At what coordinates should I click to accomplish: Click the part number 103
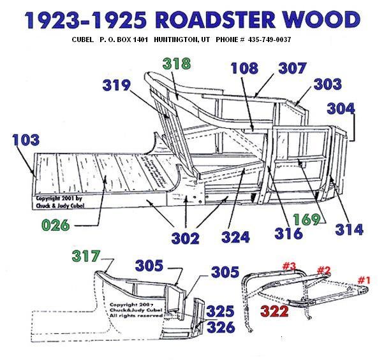pyautogui.click(x=26, y=140)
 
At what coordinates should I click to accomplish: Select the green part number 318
pyautogui.click(x=177, y=64)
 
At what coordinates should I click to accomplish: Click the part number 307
pyautogui.click(x=292, y=68)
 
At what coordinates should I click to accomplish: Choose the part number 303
pyautogui.click(x=327, y=83)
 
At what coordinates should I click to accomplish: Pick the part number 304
pyautogui.click(x=341, y=108)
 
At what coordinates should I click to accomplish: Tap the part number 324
pyautogui.click(x=235, y=237)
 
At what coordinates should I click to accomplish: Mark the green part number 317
pyautogui.click(x=87, y=256)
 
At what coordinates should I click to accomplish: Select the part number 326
pyautogui.click(x=221, y=328)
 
